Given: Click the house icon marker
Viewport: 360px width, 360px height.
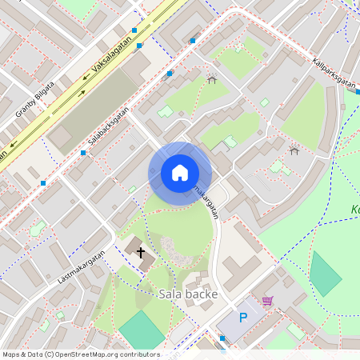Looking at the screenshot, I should pos(180,173).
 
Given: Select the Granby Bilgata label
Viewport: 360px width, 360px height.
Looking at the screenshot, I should pos(35,99).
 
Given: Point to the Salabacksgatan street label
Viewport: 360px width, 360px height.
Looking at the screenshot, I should pos(107,127).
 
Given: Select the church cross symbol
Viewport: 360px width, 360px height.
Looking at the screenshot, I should pos(142,253).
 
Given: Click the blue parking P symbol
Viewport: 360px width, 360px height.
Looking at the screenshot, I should pos(243,318).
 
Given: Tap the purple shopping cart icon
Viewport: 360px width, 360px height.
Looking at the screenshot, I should pos(267,301).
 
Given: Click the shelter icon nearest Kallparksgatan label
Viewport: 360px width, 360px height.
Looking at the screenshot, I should pos(294,150).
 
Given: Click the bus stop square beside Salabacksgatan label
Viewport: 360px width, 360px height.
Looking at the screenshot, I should pos(83,152).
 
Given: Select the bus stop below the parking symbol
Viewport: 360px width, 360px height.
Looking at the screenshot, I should pos(222,339).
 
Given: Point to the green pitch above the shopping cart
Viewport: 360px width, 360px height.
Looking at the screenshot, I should pos(326,273).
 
